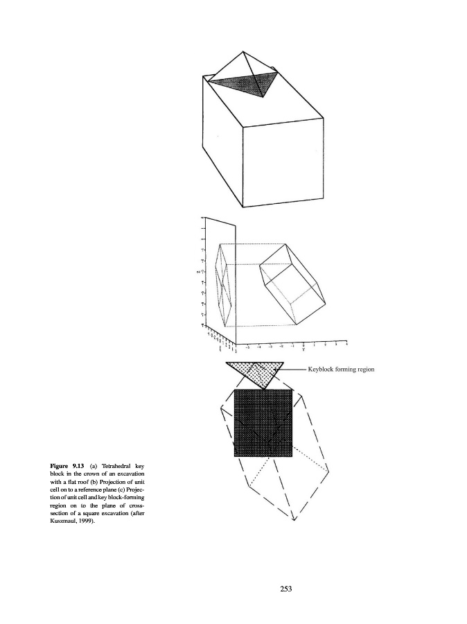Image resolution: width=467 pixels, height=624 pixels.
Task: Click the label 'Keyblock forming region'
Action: click(x=341, y=370)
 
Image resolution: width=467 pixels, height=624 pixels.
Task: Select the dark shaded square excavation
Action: click(x=263, y=423)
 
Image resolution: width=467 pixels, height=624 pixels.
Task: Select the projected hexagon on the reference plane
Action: click(x=224, y=284)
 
